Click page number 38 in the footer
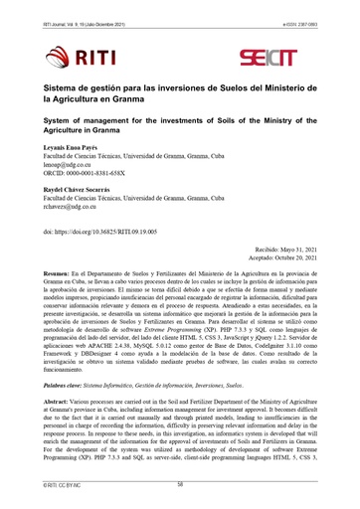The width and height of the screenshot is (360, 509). coord(180,484)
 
